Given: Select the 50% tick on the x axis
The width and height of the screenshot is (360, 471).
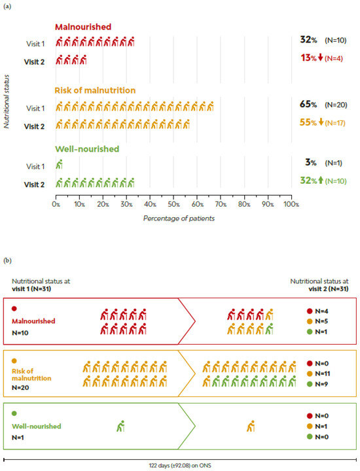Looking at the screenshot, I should (x=173, y=204).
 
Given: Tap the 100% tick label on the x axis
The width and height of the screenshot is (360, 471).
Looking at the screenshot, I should (x=291, y=204).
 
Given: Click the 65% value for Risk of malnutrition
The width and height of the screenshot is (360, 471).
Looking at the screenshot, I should (x=308, y=105).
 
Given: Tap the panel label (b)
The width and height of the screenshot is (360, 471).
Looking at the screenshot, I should (x=8, y=260).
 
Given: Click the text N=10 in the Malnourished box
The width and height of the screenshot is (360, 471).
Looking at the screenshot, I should (x=22, y=332).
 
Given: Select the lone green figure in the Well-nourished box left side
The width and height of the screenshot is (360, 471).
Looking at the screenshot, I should (x=120, y=427).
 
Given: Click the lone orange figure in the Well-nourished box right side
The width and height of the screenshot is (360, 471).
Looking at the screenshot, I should (x=251, y=427).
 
